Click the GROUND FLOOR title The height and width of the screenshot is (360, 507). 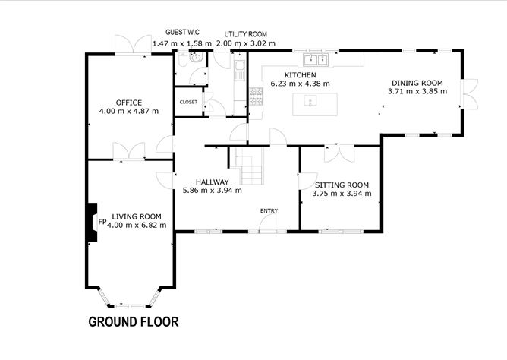pyautogui.click(x=134, y=322)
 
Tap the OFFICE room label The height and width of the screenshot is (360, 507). pyautogui.click(x=129, y=103)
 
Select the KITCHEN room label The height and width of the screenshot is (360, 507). pyautogui.click(x=300, y=75)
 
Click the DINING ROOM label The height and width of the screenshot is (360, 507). pyautogui.click(x=417, y=83)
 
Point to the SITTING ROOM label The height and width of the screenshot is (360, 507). pyautogui.click(x=342, y=185)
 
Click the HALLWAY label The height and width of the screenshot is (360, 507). pyautogui.click(x=212, y=182)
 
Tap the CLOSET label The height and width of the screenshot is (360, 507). pyautogui.click(x=188, y=102)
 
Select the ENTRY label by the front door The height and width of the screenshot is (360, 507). pyautogui.click(x=269, y=210)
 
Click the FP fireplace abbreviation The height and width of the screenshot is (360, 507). pyautogui.click(x=102, y=222)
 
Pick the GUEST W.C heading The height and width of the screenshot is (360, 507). pyautogui.click(x=182, y=32)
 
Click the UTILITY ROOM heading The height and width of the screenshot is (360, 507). pyautogui.click(x=246, y=34)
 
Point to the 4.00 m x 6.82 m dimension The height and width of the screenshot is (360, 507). pyautogui.click(x=137, y=225)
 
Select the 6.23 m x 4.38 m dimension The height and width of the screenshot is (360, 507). pyautogui.click(x=300, y=84)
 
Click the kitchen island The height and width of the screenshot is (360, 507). pyautogui.click(x=315, y=104)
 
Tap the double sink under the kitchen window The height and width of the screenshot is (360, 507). pyautogui.click(x=315, y=60)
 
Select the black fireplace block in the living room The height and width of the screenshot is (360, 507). pyautogui.click(x=93, y=223)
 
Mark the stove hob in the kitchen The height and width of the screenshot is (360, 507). pyautogui.click(x=256, y=96)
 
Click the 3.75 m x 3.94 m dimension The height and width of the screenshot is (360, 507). pyautogui.click(x=342, y=194)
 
